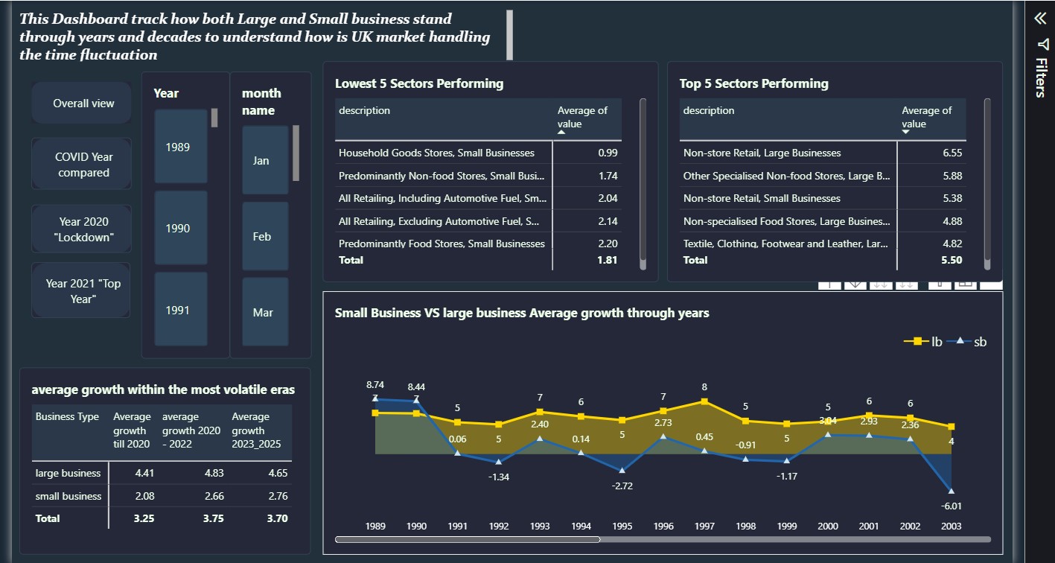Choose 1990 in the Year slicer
coord(181,228)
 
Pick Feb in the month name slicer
coord(265,237)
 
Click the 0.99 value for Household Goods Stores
coord(608,153)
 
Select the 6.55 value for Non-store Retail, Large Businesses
coord(952,153)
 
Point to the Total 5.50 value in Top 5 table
coord(952,260)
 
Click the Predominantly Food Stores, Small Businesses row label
coord(442,244)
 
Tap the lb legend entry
coord(923,342)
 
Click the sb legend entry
coord(966,342)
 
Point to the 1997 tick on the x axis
coord(704,526)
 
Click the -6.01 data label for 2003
coord(951,506)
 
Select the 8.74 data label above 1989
coord(375,384)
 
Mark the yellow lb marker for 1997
coord(704,401)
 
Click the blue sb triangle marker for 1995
coord(622,470)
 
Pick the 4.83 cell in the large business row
coord(214,473)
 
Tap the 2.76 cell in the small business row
coord(278,496)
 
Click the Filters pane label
coord(1042,77)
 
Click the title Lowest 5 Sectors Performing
coord(419,83)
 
